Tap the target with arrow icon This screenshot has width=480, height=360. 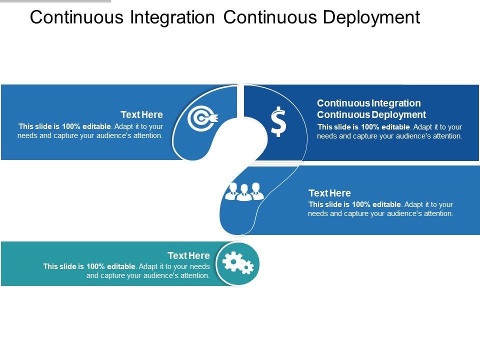click(202, 118)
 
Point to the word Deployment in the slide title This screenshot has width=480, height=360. click(371, 17)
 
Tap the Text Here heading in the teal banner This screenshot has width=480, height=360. click(188, 256)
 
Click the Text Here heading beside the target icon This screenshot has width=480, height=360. click(141, 115)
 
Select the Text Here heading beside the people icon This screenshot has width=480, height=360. click(329, 193)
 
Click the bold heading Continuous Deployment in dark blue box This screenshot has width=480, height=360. click(371, 115)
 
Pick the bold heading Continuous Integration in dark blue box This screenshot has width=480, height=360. click(369, 103)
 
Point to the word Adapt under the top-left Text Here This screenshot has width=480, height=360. click(124, 126)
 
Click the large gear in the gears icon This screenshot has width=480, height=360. click(233, 261)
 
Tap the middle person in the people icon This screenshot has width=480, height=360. click(244, 192)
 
